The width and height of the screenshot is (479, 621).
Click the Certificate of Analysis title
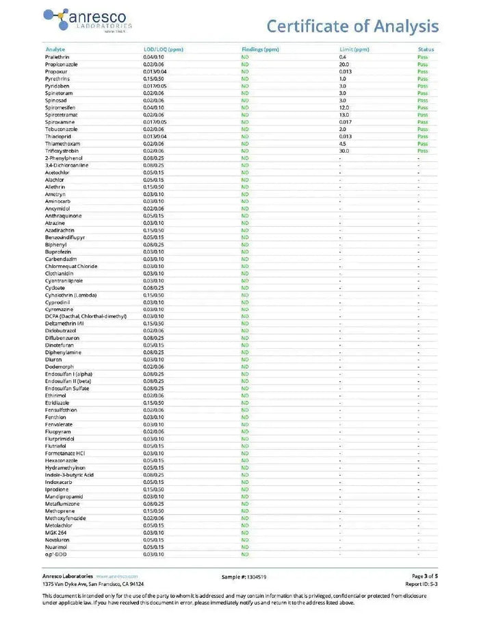coord(352,26)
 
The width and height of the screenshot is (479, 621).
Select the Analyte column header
coord(55,49)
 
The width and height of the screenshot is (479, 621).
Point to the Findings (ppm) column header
coord(261,49)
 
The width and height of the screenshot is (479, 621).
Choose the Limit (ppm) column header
coord(354,49)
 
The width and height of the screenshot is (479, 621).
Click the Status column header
coord(426,49)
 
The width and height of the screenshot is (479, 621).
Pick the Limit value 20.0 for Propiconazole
coord(344,64)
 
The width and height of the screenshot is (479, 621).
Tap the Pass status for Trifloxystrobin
coord(423,151)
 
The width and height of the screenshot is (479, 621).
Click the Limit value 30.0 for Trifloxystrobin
coord(344,151)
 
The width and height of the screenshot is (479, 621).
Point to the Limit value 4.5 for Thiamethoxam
coord(343,144)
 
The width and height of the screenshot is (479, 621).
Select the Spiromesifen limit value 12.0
coord(344,108)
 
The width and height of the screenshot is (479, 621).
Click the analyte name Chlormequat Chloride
coord(71,266)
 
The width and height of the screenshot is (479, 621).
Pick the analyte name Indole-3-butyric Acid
coord(69,474)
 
